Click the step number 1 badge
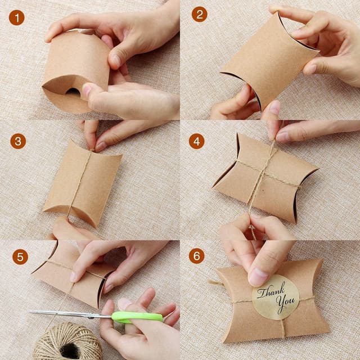(17, 17)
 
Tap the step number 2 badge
(199, 14)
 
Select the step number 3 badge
(18, 141)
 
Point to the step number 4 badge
(196, 141)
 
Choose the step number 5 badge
(20, 257)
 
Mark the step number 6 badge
(197, 256)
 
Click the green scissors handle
(138, 317)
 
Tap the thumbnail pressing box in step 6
(258, 276)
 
